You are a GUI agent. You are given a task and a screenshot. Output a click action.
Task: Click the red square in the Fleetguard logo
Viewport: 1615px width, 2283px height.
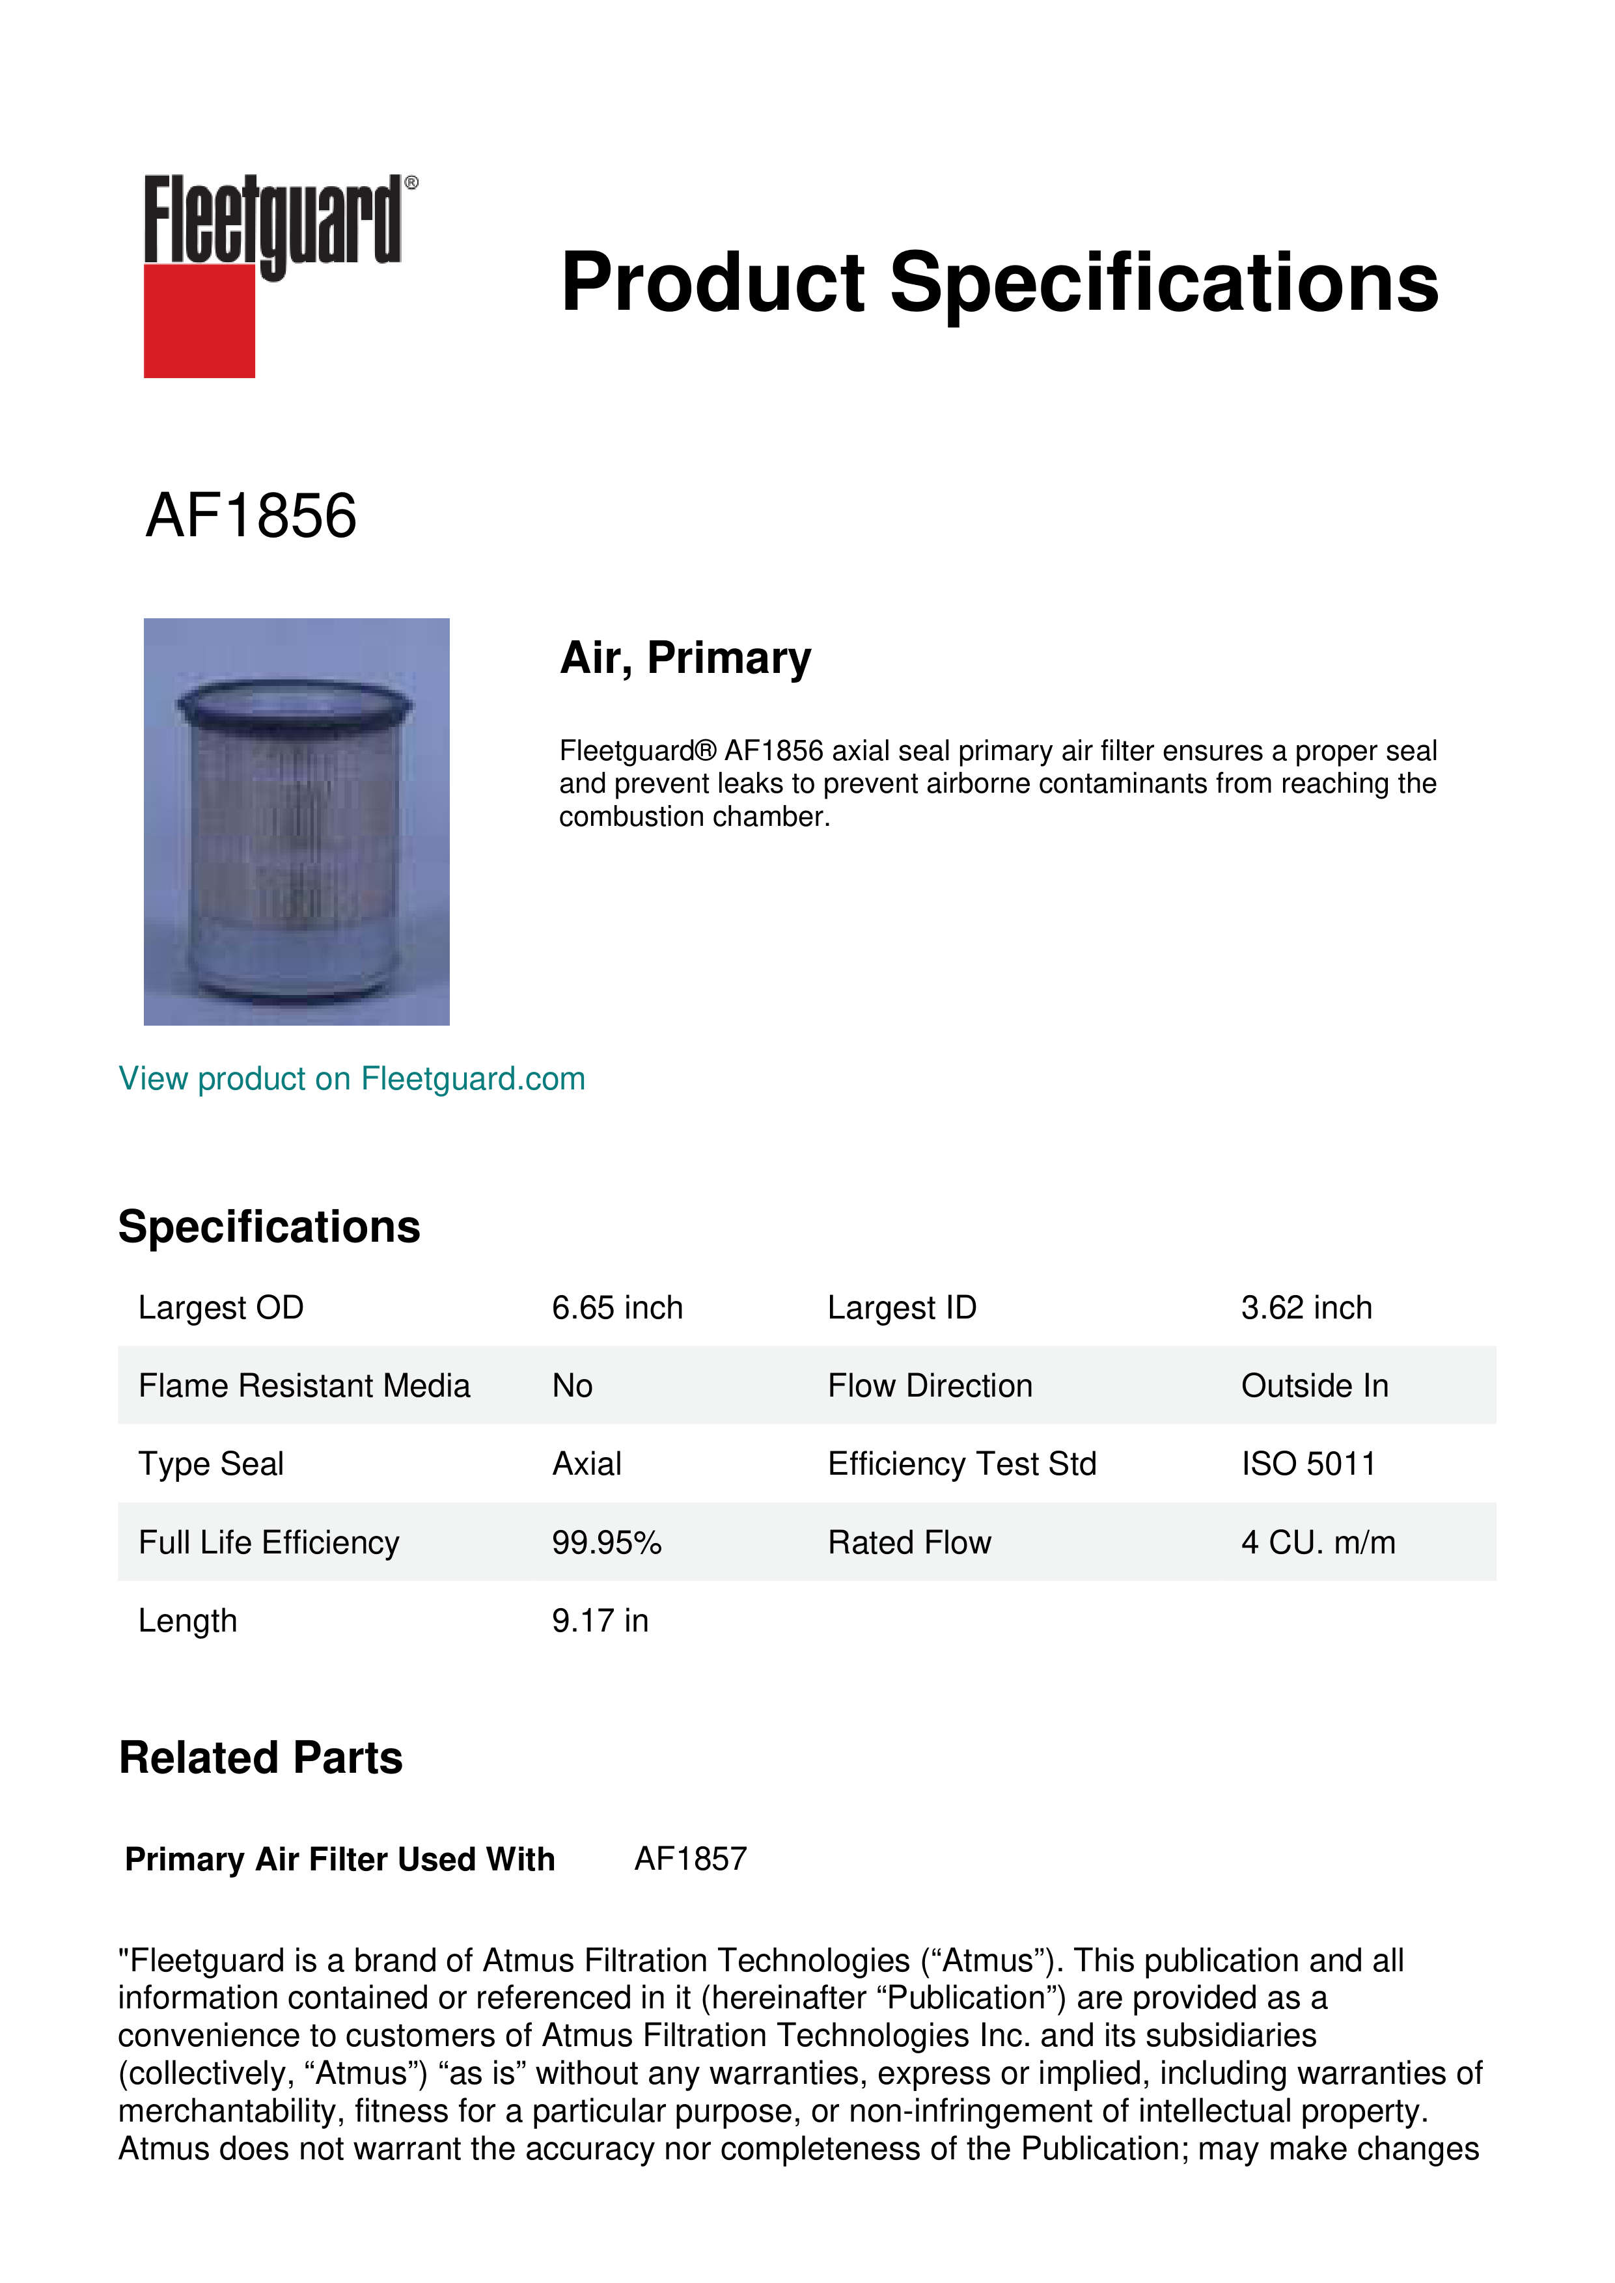(199, 320)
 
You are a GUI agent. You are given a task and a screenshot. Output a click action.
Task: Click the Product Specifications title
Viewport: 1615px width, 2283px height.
(999, 282)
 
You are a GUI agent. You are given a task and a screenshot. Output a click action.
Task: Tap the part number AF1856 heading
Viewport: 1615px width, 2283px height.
(251, 516)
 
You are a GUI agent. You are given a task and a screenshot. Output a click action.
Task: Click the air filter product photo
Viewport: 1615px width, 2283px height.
(296, 821)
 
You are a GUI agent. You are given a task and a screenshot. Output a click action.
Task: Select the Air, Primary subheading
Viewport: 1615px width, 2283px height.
(685, 658)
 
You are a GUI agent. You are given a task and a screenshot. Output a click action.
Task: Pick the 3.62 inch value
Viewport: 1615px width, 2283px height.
(1306, 1307)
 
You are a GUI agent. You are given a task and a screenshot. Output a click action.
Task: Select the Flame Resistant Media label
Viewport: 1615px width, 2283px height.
(303, 1386)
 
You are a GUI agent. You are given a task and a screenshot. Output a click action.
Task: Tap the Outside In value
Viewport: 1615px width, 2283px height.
(1314, 1386)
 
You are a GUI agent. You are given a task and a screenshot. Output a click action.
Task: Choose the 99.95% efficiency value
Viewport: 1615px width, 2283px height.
(607, 1542)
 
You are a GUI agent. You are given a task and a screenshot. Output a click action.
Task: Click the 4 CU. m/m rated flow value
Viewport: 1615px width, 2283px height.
(1318, 1542)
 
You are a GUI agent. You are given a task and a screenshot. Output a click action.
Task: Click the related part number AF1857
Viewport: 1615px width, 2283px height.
(690, 1859)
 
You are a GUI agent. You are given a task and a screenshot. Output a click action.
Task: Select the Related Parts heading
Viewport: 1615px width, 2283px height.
(260, 1758)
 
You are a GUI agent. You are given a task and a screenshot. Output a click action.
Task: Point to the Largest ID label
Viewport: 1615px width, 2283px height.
(902, 1307)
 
